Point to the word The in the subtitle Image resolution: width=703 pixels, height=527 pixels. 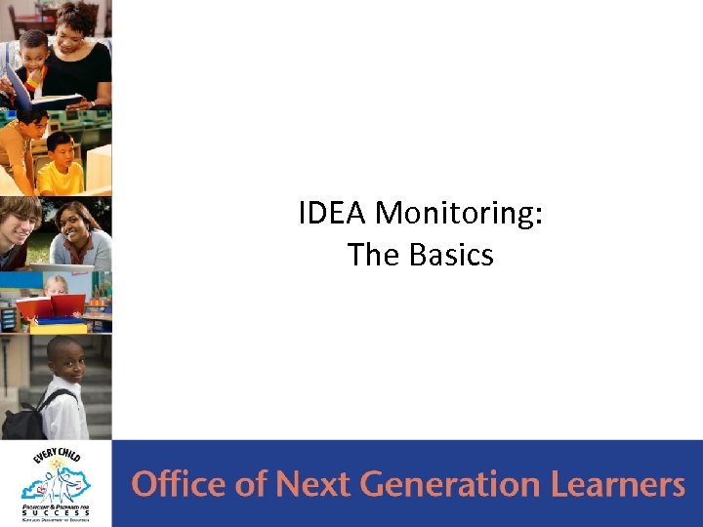tap(373, 255)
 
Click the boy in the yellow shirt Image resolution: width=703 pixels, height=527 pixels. tap(61, 166)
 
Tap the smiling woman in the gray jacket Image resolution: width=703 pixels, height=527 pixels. tap(80, 234)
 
